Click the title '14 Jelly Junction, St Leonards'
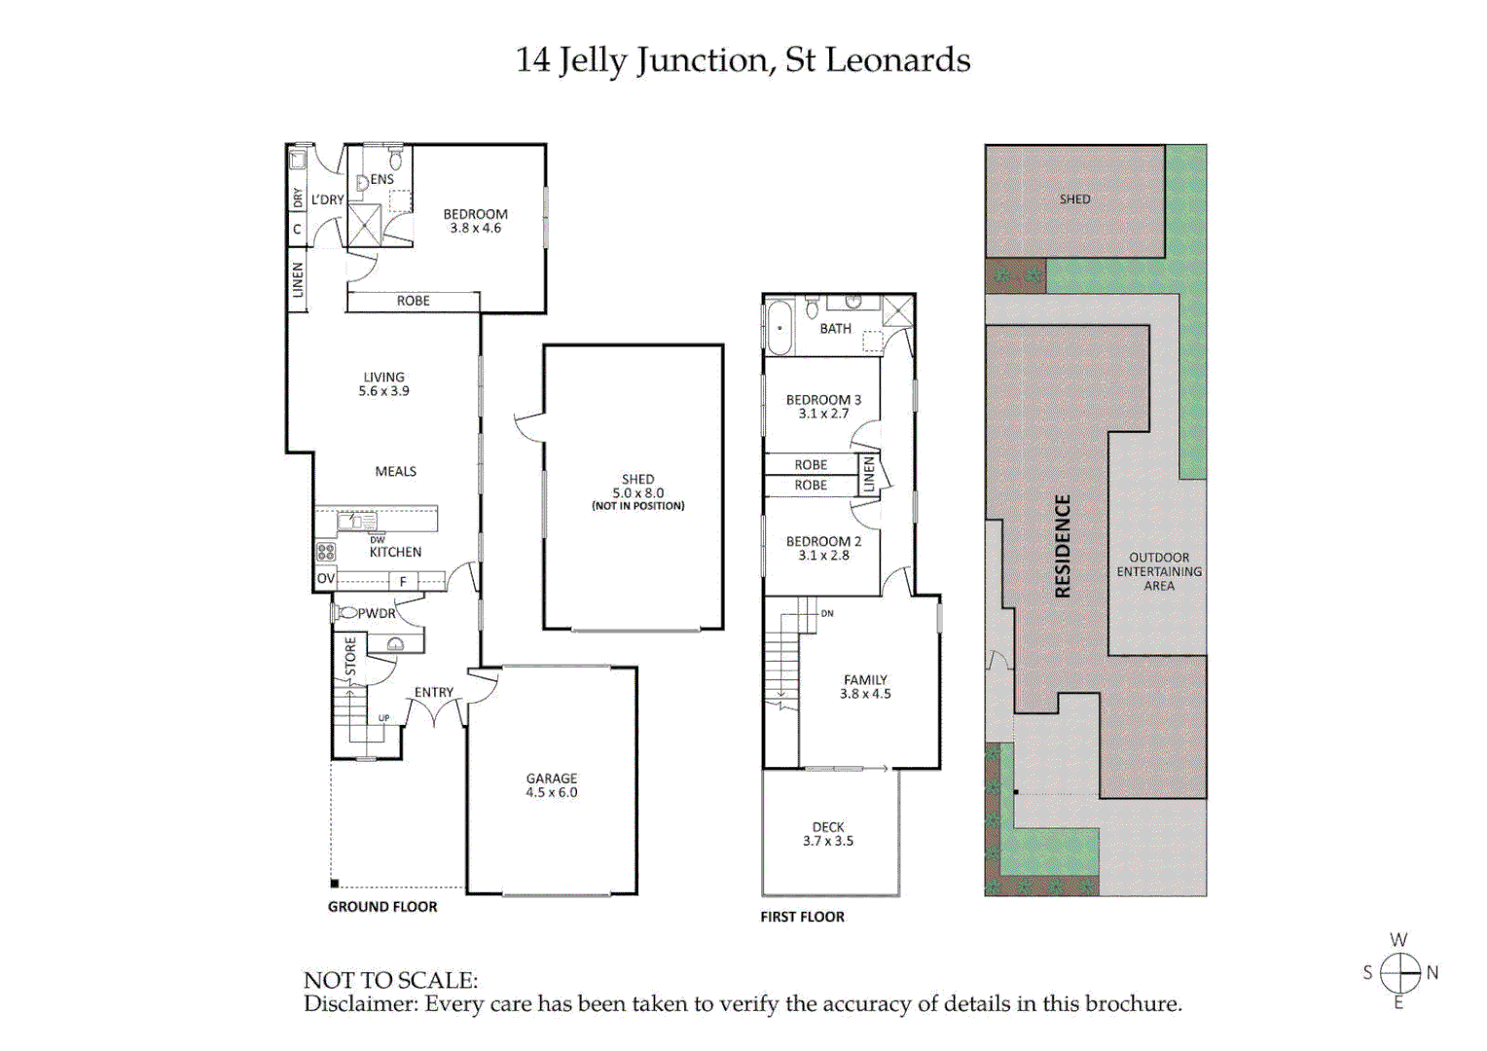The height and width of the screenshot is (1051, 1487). (743, 60)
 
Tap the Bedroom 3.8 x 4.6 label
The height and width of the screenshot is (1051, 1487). (475, 221)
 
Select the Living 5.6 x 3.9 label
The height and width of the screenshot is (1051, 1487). (383, 383)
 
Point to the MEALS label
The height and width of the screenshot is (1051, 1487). (395, 471)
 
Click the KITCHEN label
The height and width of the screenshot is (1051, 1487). (395, 552)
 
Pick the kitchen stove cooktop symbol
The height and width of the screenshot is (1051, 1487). (326, 552)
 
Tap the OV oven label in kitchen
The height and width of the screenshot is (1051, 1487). (325, 578)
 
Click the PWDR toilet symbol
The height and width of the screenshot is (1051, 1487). (345, 613)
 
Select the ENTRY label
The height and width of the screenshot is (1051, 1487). (433, 692)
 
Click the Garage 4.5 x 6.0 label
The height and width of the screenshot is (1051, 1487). (552, 785)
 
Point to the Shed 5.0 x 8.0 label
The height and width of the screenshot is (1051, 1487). (637, 487)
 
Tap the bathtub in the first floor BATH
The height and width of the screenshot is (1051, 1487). (780, 328)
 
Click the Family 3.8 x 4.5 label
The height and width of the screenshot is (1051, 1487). (865, 687)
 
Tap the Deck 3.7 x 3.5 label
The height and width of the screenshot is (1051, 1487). (828, 834)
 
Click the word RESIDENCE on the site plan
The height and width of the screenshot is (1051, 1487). (1063, 546)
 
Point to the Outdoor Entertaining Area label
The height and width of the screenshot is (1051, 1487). (1158, 571)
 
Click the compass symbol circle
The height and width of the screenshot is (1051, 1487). (1399, 972)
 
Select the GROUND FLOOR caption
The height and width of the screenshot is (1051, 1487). (382, 906)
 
